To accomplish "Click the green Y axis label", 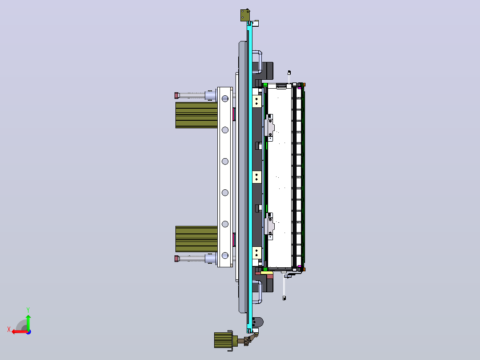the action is coord(28,310).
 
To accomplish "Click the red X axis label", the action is coord(9,329).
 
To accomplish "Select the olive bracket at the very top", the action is coord(245,15).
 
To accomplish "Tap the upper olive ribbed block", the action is coord(196,115).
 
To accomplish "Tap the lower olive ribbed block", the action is coord(196,239).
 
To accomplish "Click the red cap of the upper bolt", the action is coord(177,96).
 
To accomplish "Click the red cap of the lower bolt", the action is coord(177,258).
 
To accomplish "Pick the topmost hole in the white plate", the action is coord(225,98).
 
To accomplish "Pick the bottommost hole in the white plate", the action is coord(225,255).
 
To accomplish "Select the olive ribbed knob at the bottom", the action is coord(223,340).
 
